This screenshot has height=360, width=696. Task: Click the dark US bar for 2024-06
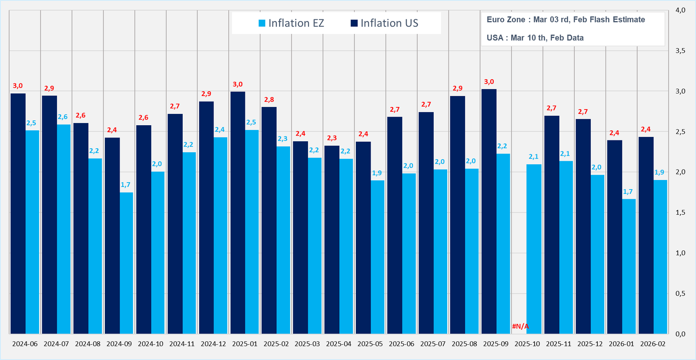coord(18,213)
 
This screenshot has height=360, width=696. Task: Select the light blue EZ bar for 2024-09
coord(127,263)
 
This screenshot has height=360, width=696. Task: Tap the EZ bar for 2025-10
coord(534,249)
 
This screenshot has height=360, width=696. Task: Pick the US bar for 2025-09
coord(489,211)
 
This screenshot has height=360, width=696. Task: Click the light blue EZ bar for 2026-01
coord(629,266)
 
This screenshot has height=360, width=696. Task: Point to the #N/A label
coord(520,326)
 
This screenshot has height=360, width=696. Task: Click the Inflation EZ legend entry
coord(291,23)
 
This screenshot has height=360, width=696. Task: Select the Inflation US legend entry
coord(385,23)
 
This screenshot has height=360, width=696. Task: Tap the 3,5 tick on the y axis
coord(680,51)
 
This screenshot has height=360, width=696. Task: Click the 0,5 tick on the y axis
coord(680,293)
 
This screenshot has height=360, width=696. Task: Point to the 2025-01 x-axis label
coord(244,344)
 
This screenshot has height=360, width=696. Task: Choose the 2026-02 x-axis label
coord(652,344)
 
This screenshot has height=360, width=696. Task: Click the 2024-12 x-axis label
coord(213,344)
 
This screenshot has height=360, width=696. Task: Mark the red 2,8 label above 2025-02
coord(269,100)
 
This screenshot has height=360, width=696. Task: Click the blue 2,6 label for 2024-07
coord(63,117)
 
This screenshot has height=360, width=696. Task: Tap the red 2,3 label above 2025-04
coord(331,138)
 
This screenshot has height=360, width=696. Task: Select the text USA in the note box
coord(495,38)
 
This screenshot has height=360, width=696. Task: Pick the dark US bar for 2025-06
coord(395,225)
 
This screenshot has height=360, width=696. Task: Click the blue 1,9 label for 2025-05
coord(377,173)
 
